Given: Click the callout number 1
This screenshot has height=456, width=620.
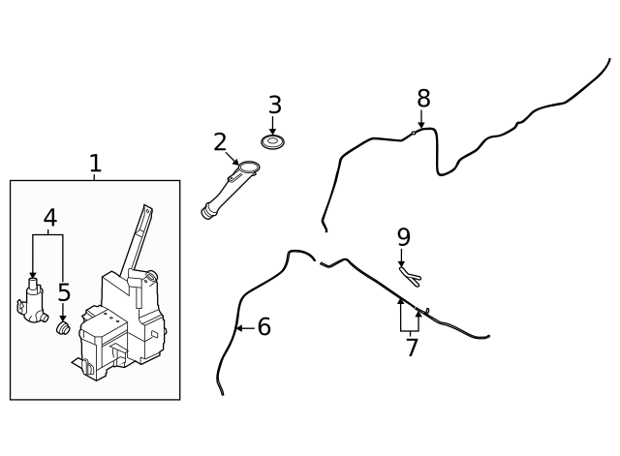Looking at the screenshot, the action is (95, 163).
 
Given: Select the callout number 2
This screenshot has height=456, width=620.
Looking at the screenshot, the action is (220, 142).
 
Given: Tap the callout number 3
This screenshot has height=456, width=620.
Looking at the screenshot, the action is (275, 105).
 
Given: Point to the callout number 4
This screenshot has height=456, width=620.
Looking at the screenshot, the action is (50, 217).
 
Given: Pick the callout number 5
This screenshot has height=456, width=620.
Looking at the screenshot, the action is (64, 292).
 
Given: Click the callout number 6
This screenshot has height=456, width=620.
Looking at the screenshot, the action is (264, 327).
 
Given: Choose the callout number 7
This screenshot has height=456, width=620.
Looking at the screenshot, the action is (412, 347).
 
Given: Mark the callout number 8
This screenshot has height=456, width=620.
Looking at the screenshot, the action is (423, 98).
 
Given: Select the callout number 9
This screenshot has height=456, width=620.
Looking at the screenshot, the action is (404, 237).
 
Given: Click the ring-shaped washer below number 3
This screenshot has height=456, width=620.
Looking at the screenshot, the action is (273, 141).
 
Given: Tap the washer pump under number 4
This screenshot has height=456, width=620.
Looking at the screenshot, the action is (32, 301).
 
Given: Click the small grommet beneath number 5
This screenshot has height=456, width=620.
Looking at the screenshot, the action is (63, 328).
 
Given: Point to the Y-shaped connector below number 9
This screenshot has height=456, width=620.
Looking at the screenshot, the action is (410, 276).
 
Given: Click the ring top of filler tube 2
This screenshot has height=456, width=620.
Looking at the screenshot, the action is (249, 167).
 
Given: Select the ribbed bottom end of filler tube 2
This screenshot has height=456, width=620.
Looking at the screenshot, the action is (207, 211).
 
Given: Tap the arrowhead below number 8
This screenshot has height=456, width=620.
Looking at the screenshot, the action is (421, 125).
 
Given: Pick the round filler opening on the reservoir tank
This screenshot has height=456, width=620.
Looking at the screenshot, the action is (150, 276).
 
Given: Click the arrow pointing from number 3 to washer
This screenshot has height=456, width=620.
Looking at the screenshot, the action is (272, 125).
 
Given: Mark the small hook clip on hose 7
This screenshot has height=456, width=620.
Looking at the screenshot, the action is (426, 311).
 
